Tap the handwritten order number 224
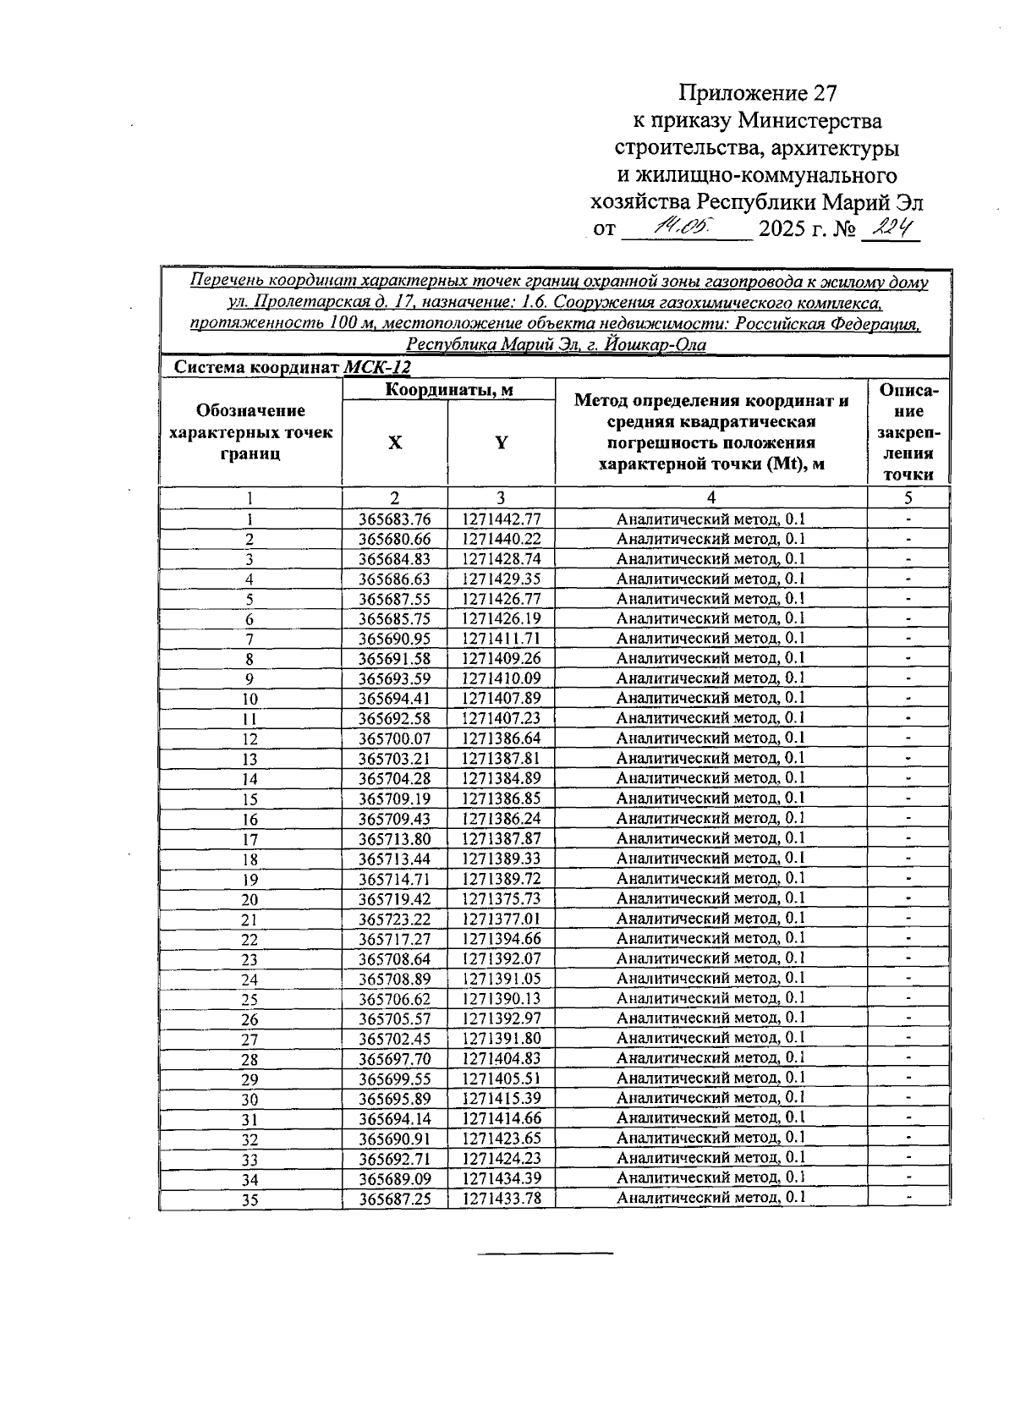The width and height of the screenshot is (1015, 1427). (889, 228)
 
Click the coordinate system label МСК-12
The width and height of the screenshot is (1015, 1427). (377, 367)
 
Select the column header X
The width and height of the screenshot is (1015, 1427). (394, 442)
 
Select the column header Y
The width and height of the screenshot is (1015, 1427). (501, 442)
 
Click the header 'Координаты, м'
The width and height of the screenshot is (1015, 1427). (448, 390)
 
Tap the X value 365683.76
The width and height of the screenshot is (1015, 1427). (394, 519)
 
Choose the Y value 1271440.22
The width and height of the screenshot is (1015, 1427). (501, 539)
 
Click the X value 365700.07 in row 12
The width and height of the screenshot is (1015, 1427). (394, 738)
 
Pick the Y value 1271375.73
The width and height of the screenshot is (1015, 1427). (501, 898)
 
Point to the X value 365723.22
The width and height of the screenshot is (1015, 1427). (394, 919)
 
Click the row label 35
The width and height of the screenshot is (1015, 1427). (250, 1199)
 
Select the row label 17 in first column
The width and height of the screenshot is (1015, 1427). (250, 839)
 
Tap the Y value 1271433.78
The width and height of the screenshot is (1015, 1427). (501, 1199)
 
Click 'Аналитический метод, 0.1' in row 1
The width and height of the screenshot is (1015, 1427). (710, 519)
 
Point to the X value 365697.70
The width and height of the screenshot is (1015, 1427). (394, 1058)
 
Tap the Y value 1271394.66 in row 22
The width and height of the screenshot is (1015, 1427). (501, 939)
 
